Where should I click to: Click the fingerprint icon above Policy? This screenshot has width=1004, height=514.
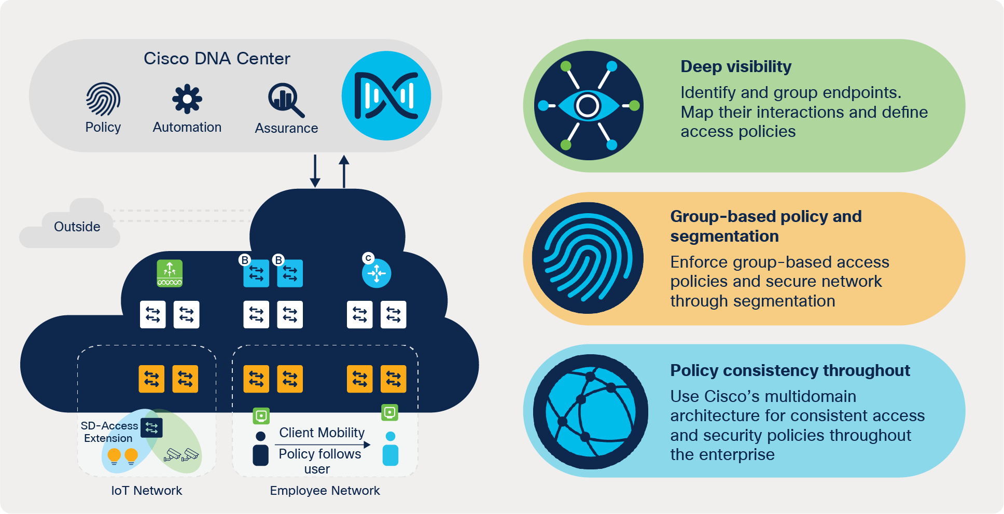click(103, 99)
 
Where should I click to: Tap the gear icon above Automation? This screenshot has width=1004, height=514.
click(187, 99)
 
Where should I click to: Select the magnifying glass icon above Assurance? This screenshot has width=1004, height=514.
click(285, 100)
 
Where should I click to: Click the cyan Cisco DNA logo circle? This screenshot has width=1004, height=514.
click(386, 95)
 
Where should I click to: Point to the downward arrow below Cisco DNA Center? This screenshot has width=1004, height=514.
click(315, 171)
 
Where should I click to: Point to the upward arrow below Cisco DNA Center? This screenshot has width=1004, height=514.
click(344, 171)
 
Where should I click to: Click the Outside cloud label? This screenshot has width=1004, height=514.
click(77, 227)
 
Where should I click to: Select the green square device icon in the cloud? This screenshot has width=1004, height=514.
click(170, 273)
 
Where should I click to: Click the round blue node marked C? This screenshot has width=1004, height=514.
click(376, 273)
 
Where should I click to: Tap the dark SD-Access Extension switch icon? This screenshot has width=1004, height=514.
click(151, 428)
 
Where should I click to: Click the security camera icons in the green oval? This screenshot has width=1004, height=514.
click(182, 455)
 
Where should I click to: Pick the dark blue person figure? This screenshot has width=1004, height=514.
click(260, 449)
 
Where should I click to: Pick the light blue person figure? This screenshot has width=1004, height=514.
click(390, 449)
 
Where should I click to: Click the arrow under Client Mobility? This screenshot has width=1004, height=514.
click(322, 444)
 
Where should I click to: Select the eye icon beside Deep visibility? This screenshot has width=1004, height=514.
click(588, 105)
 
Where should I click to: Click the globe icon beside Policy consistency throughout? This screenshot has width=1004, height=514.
click(590, 412)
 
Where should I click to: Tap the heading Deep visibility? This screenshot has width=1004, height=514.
click(735, 66)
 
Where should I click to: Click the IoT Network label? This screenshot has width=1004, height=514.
click(146, 491)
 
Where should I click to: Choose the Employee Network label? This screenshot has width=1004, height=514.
click(325, 491)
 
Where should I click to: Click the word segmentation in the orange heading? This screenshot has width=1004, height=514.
click(724, 237)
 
